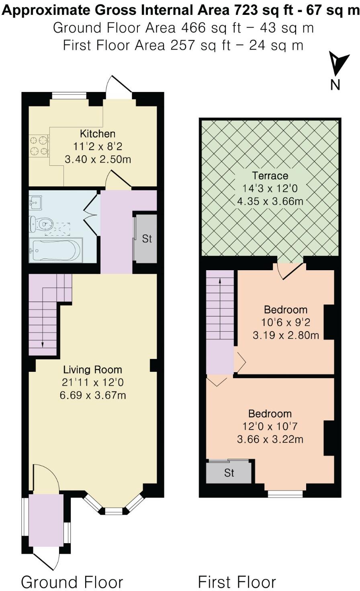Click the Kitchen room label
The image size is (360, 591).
[x=98, y=134]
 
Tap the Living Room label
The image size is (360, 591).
[x=92, y=370]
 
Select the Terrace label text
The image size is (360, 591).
[x=270, y=176]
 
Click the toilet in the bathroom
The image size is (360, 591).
[x=42, y=223]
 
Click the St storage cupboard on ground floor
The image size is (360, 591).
[x=147, y=238]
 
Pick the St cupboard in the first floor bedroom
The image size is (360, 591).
[x=229, y=473]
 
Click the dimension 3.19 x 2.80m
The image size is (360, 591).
[x=286, y=335]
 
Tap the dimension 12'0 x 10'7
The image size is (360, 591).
[x=270, y=426]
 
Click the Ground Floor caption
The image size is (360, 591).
[x=72, y=582]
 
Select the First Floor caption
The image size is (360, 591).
[x=237, y=582]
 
